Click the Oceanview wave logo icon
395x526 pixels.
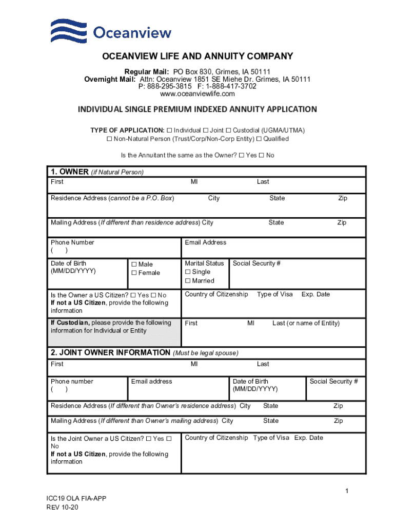click(69, 31)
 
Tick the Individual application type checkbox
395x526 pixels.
click(169, 130)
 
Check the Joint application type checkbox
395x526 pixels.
click(205, 130)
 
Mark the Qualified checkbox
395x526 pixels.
click(259, 139)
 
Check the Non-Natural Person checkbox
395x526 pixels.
click(109, 139)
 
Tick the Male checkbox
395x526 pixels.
click(134, 265)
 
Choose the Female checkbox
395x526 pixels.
click(134, 273)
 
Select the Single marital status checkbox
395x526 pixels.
click(188, 272)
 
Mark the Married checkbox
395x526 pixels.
click(188, 281)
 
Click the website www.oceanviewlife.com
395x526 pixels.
click(197, 94)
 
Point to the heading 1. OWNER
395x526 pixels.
click(69, 172)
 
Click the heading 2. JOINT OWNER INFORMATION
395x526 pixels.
click(110, 353)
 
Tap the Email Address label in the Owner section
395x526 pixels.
click(205, 242)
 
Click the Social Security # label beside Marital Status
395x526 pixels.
click(256, 264)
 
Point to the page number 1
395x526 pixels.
click(347, 492)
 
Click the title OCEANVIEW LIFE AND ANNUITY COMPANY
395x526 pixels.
click(197, 57)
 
